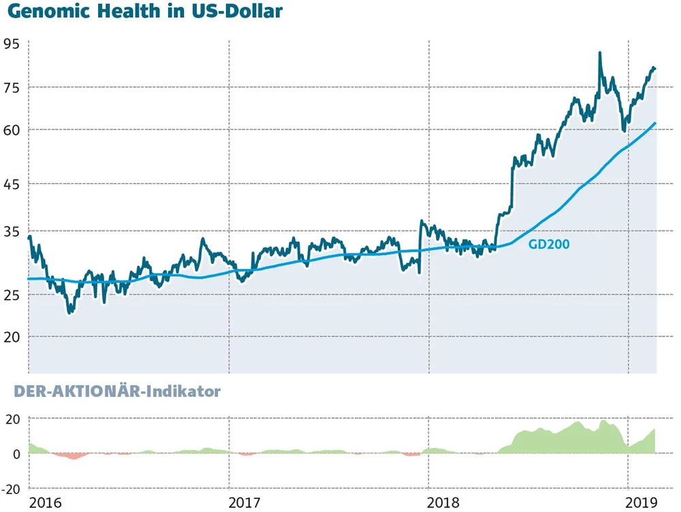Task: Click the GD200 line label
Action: click(x=549, y=244)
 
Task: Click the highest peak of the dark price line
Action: click(x=599, y=52)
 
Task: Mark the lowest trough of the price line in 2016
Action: click(x=70, y=313)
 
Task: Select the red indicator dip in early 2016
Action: click(x=72, y=456)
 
